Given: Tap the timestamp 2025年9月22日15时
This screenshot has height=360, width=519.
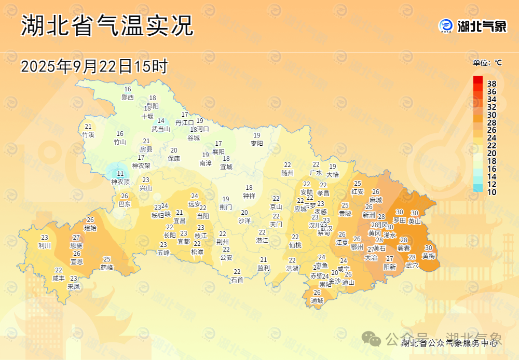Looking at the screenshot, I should pos(94,66).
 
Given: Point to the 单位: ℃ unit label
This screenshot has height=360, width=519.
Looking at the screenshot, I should pos(487,63).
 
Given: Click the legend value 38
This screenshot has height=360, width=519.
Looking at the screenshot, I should pos(491,84).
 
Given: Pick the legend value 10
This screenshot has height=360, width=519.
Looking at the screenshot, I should pos(491,192).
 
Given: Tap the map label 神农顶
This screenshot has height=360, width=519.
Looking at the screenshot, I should pos(120,182).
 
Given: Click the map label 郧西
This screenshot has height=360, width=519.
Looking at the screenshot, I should pos(127,97).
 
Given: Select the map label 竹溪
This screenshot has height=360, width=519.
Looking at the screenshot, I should pos(88,134).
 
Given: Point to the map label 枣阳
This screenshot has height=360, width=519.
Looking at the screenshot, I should pos(257,143).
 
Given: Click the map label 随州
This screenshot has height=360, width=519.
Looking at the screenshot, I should pos(288,173).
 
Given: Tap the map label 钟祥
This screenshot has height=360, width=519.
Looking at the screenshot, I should pos(249,196).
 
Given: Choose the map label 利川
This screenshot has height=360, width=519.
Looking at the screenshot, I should pos(45,245).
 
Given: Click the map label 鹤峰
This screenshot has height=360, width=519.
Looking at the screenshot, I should pos(107,267).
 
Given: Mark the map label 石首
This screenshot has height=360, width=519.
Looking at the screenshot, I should pos(237,280).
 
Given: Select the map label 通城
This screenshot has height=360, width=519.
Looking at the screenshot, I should pos(317,300).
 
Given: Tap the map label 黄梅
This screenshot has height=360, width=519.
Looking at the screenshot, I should pos(429,256).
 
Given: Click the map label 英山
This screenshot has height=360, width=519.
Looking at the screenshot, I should pos(415,220).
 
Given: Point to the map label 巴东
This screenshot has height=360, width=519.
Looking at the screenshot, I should pos(125,204).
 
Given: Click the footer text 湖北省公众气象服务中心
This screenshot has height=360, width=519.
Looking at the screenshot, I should pos(449,342).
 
